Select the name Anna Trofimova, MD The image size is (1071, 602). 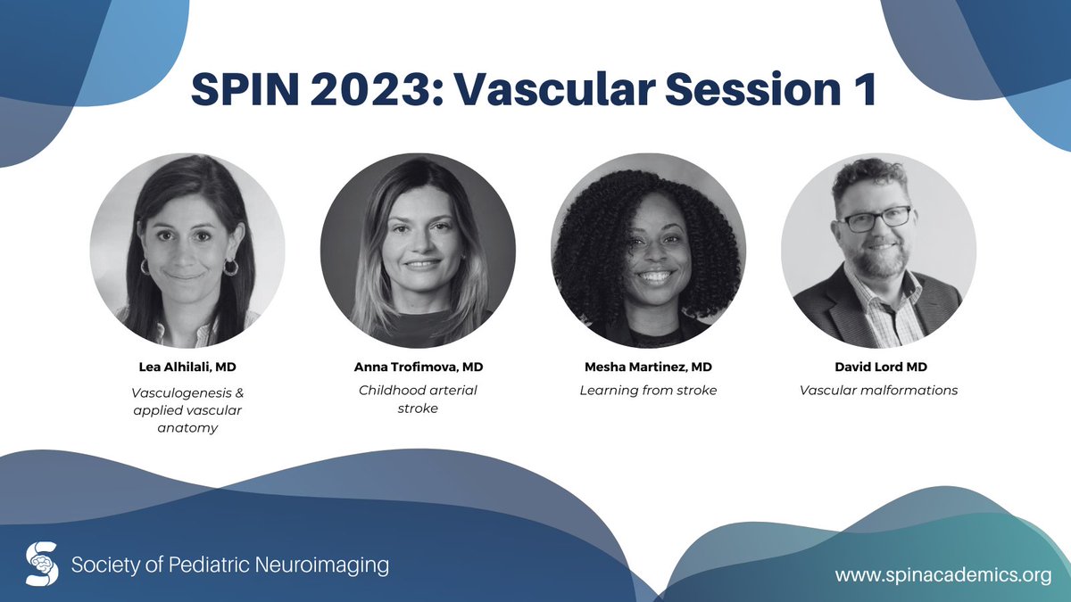tap(418, 366)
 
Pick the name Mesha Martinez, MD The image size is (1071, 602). tap(648, 366)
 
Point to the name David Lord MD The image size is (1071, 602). tap(878, 366)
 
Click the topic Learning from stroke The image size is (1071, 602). tap(648, 390)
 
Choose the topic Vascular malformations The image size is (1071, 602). tap(878, 390)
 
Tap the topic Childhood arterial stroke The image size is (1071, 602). tap(418, 400)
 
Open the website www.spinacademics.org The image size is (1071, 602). tap(942, 575)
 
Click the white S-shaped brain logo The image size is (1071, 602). tap(42, 564)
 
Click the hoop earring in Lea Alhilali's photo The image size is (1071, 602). tap(231, 267)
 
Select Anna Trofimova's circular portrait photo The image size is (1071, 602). tap(418, 251)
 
